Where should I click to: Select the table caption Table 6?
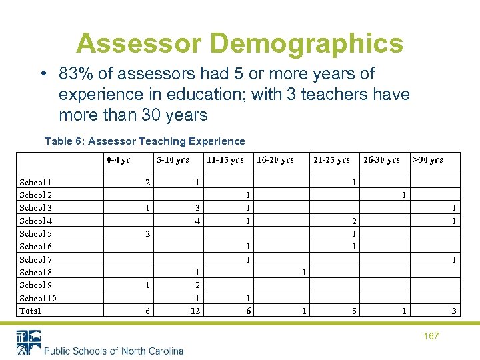tap(144, 141)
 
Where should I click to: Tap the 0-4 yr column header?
tap(118, 160)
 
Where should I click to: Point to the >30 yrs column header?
tap(427, 160)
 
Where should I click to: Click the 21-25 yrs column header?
tap(331, 160)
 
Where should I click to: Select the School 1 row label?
tap(36, 182)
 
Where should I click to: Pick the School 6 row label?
tap(36, 246)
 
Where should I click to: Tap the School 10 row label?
tap(38, 298)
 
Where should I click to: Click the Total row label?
tap(30, 311)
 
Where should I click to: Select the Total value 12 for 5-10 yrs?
tap(195, 311)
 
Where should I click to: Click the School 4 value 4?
tap(197, 221)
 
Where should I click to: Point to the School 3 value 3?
tap(197, 208)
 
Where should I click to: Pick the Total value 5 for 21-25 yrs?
tap(354, 311)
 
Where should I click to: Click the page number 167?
tap(431, 336)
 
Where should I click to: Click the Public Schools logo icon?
tap(28, 342)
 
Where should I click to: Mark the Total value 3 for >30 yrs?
tap(454, 311)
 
